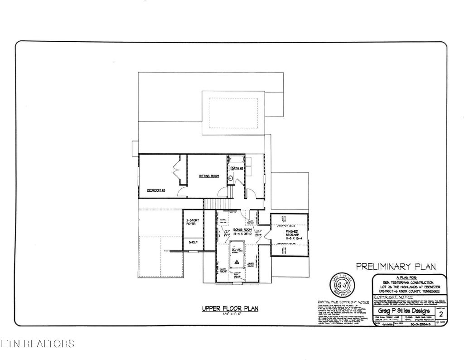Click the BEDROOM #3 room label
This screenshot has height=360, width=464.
point(155,190)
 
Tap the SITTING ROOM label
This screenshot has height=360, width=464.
point(209,175)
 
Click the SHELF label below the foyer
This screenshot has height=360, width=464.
point(193,243)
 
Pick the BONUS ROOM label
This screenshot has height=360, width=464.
point(242,230)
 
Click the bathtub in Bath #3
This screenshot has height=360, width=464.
point(236,160)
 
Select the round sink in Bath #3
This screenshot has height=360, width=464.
point(230,179)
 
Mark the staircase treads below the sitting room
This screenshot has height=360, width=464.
point(216,204)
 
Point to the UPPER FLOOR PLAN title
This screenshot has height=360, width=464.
point(230,308)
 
